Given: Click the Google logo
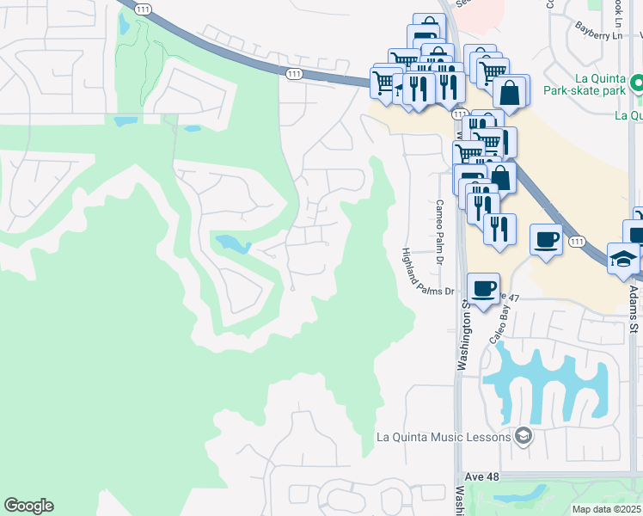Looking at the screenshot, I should (28, 506).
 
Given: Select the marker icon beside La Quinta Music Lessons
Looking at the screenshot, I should (523, 436).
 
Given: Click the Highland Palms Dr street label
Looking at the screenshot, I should (426, 272).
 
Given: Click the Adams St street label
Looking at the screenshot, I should (634, 310).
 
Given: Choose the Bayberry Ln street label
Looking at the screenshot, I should (598, 35).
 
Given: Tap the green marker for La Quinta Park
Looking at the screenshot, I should (637, 84).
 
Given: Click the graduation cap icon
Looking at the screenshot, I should (622, 258).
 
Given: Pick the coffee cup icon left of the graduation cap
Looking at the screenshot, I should (547, 237).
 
